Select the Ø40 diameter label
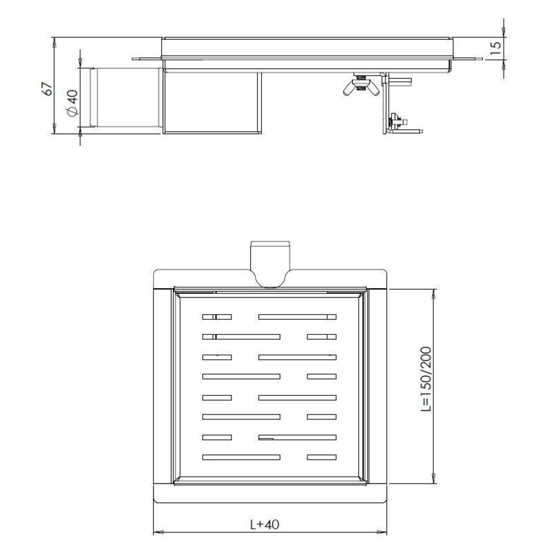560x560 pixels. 72,103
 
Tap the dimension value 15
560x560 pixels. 495,49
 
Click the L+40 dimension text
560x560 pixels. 269,525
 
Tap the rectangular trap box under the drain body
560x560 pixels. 212,103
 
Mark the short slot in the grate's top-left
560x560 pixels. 217,317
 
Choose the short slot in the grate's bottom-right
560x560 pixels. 321,457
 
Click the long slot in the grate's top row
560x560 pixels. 297,317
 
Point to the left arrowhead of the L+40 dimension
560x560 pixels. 157,532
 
